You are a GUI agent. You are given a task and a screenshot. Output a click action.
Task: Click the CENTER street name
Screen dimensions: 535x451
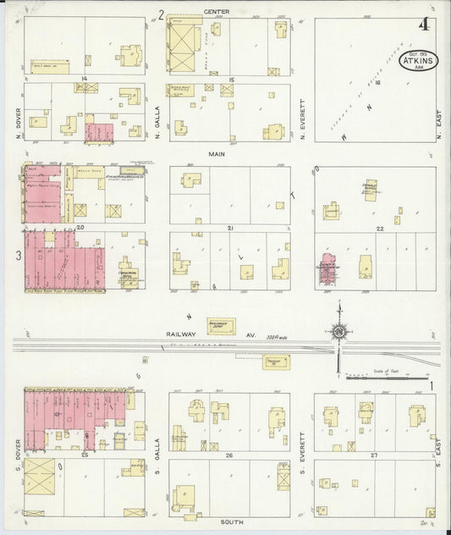tap(217, 12)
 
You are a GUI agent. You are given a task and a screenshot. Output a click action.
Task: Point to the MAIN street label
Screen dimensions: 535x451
tap(217, 154)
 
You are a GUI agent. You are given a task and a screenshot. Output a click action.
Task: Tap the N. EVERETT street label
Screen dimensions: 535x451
tap(302, 125)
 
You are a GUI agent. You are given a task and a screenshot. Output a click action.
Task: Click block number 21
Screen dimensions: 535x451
tap(229, 229)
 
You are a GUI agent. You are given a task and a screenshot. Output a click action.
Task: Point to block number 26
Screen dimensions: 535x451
tap(229, 455)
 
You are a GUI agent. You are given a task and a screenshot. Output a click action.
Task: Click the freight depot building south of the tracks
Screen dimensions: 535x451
tap(273, 361)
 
